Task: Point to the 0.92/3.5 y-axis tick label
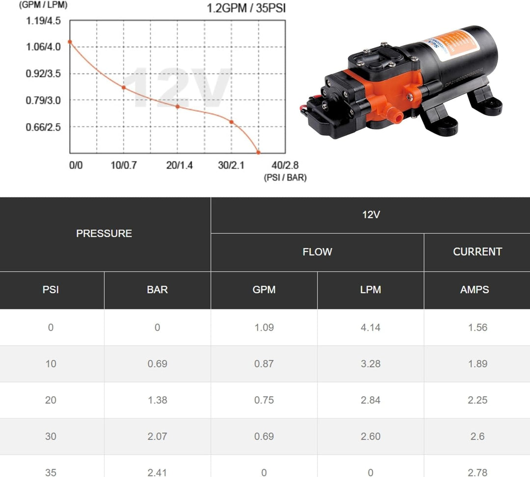(44, 74)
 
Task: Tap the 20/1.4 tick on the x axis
(180, 165)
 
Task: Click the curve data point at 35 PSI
(259, 152)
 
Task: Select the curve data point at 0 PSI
(70, 42)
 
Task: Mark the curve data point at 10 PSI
(124, 87)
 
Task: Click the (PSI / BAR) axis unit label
(285, 177)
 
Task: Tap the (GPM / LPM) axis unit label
(43, 5)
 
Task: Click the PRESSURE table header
(104, 233)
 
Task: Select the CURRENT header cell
(477, 251)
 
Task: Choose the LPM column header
(371, 290)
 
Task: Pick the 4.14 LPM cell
(371, 327)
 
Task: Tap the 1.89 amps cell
(477, 364)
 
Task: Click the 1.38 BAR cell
(157, 400)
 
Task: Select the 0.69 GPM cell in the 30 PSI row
(264, 436)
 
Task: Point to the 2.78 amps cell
(477, 472)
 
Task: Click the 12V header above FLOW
(371, 215)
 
